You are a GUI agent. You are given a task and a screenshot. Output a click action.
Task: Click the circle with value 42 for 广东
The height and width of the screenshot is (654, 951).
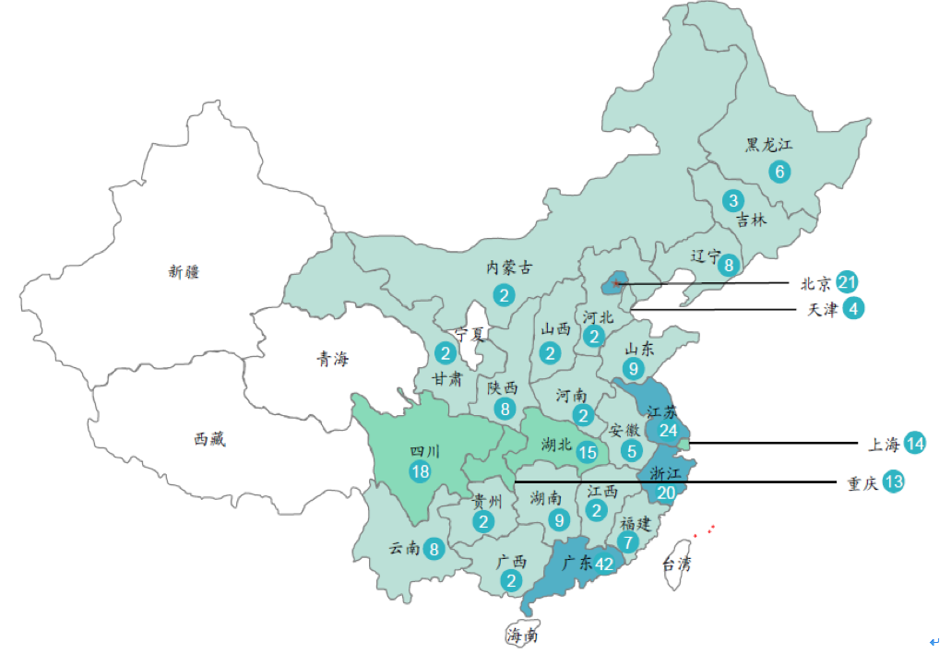coord(605,565)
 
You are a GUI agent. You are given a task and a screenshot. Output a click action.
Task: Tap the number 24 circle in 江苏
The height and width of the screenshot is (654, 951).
coord(669,431)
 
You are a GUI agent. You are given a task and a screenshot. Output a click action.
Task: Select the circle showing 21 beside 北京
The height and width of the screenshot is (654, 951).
coord(848,282)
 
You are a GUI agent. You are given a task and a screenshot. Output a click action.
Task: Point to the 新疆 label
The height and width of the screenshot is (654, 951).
coord(184,271)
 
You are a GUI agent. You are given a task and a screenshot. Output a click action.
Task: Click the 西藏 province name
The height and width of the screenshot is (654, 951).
coord(209,439)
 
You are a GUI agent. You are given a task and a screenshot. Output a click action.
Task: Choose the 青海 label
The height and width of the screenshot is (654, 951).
coord(332,360)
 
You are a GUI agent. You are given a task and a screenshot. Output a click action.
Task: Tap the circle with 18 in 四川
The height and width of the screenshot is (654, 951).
coord(421,471)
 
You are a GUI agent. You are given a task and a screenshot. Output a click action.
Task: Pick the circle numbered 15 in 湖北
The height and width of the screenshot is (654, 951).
coord(588,452)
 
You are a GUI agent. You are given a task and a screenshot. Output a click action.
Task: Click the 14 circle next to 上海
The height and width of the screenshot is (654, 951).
coord(915,444)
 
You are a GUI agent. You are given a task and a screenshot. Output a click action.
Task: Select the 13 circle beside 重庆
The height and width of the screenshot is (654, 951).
coord(894,482)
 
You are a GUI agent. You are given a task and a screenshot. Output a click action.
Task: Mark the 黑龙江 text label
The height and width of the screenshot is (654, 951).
coord(769,145)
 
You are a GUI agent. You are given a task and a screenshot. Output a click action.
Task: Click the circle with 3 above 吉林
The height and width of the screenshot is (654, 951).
coord(733,200)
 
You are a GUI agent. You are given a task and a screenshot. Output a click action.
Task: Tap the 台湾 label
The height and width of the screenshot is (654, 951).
coord(676,564)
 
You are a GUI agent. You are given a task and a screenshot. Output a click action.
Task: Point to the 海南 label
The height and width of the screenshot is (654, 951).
coord(521,636)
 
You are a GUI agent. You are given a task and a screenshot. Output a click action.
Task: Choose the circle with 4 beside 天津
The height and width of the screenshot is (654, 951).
coord(854,309)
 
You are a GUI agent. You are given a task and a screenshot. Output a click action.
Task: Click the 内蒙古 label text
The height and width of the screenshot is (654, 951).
coord(509,268)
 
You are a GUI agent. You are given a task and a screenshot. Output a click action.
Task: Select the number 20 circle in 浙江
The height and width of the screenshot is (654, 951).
coord(665,493)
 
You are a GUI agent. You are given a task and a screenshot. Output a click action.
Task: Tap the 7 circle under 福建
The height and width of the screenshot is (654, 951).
coord(629,542)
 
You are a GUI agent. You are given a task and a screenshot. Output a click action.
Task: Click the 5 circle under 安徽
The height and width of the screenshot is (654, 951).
coord(632,451)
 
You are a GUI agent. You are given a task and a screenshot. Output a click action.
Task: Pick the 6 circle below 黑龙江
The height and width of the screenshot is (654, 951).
coord(780,171)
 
